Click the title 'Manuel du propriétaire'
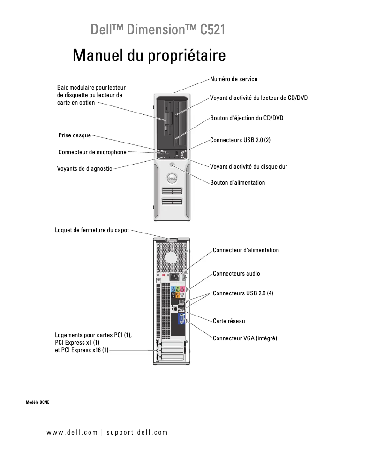149,56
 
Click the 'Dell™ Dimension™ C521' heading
158,30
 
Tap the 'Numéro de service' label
233,79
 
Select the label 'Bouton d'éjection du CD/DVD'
246,118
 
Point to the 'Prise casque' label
75,135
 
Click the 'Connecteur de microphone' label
92,152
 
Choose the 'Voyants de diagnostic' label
84,169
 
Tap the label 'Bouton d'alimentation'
237,183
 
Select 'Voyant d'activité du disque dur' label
248,166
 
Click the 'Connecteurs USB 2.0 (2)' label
240,140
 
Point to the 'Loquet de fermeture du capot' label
92,230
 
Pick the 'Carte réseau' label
229,321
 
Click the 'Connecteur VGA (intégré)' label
245,338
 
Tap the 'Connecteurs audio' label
236,274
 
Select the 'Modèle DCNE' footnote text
38,402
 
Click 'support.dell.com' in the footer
137,432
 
